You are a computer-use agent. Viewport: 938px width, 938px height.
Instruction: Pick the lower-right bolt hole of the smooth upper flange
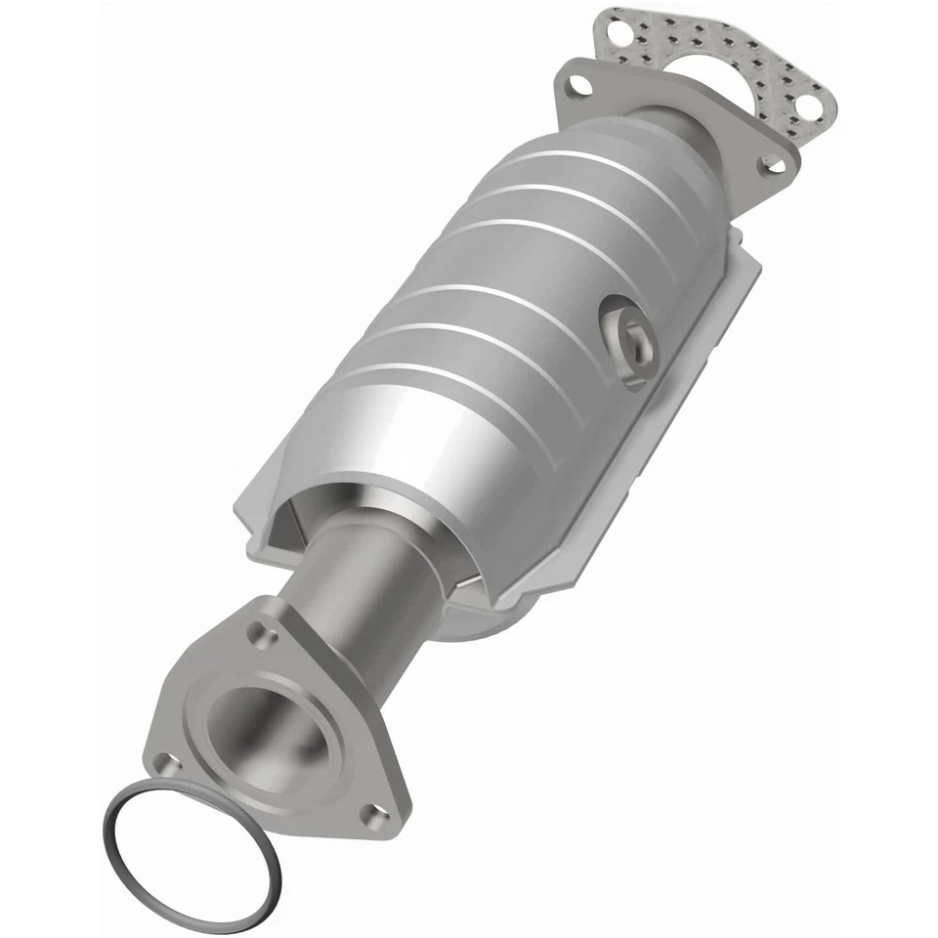pos(772,164)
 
